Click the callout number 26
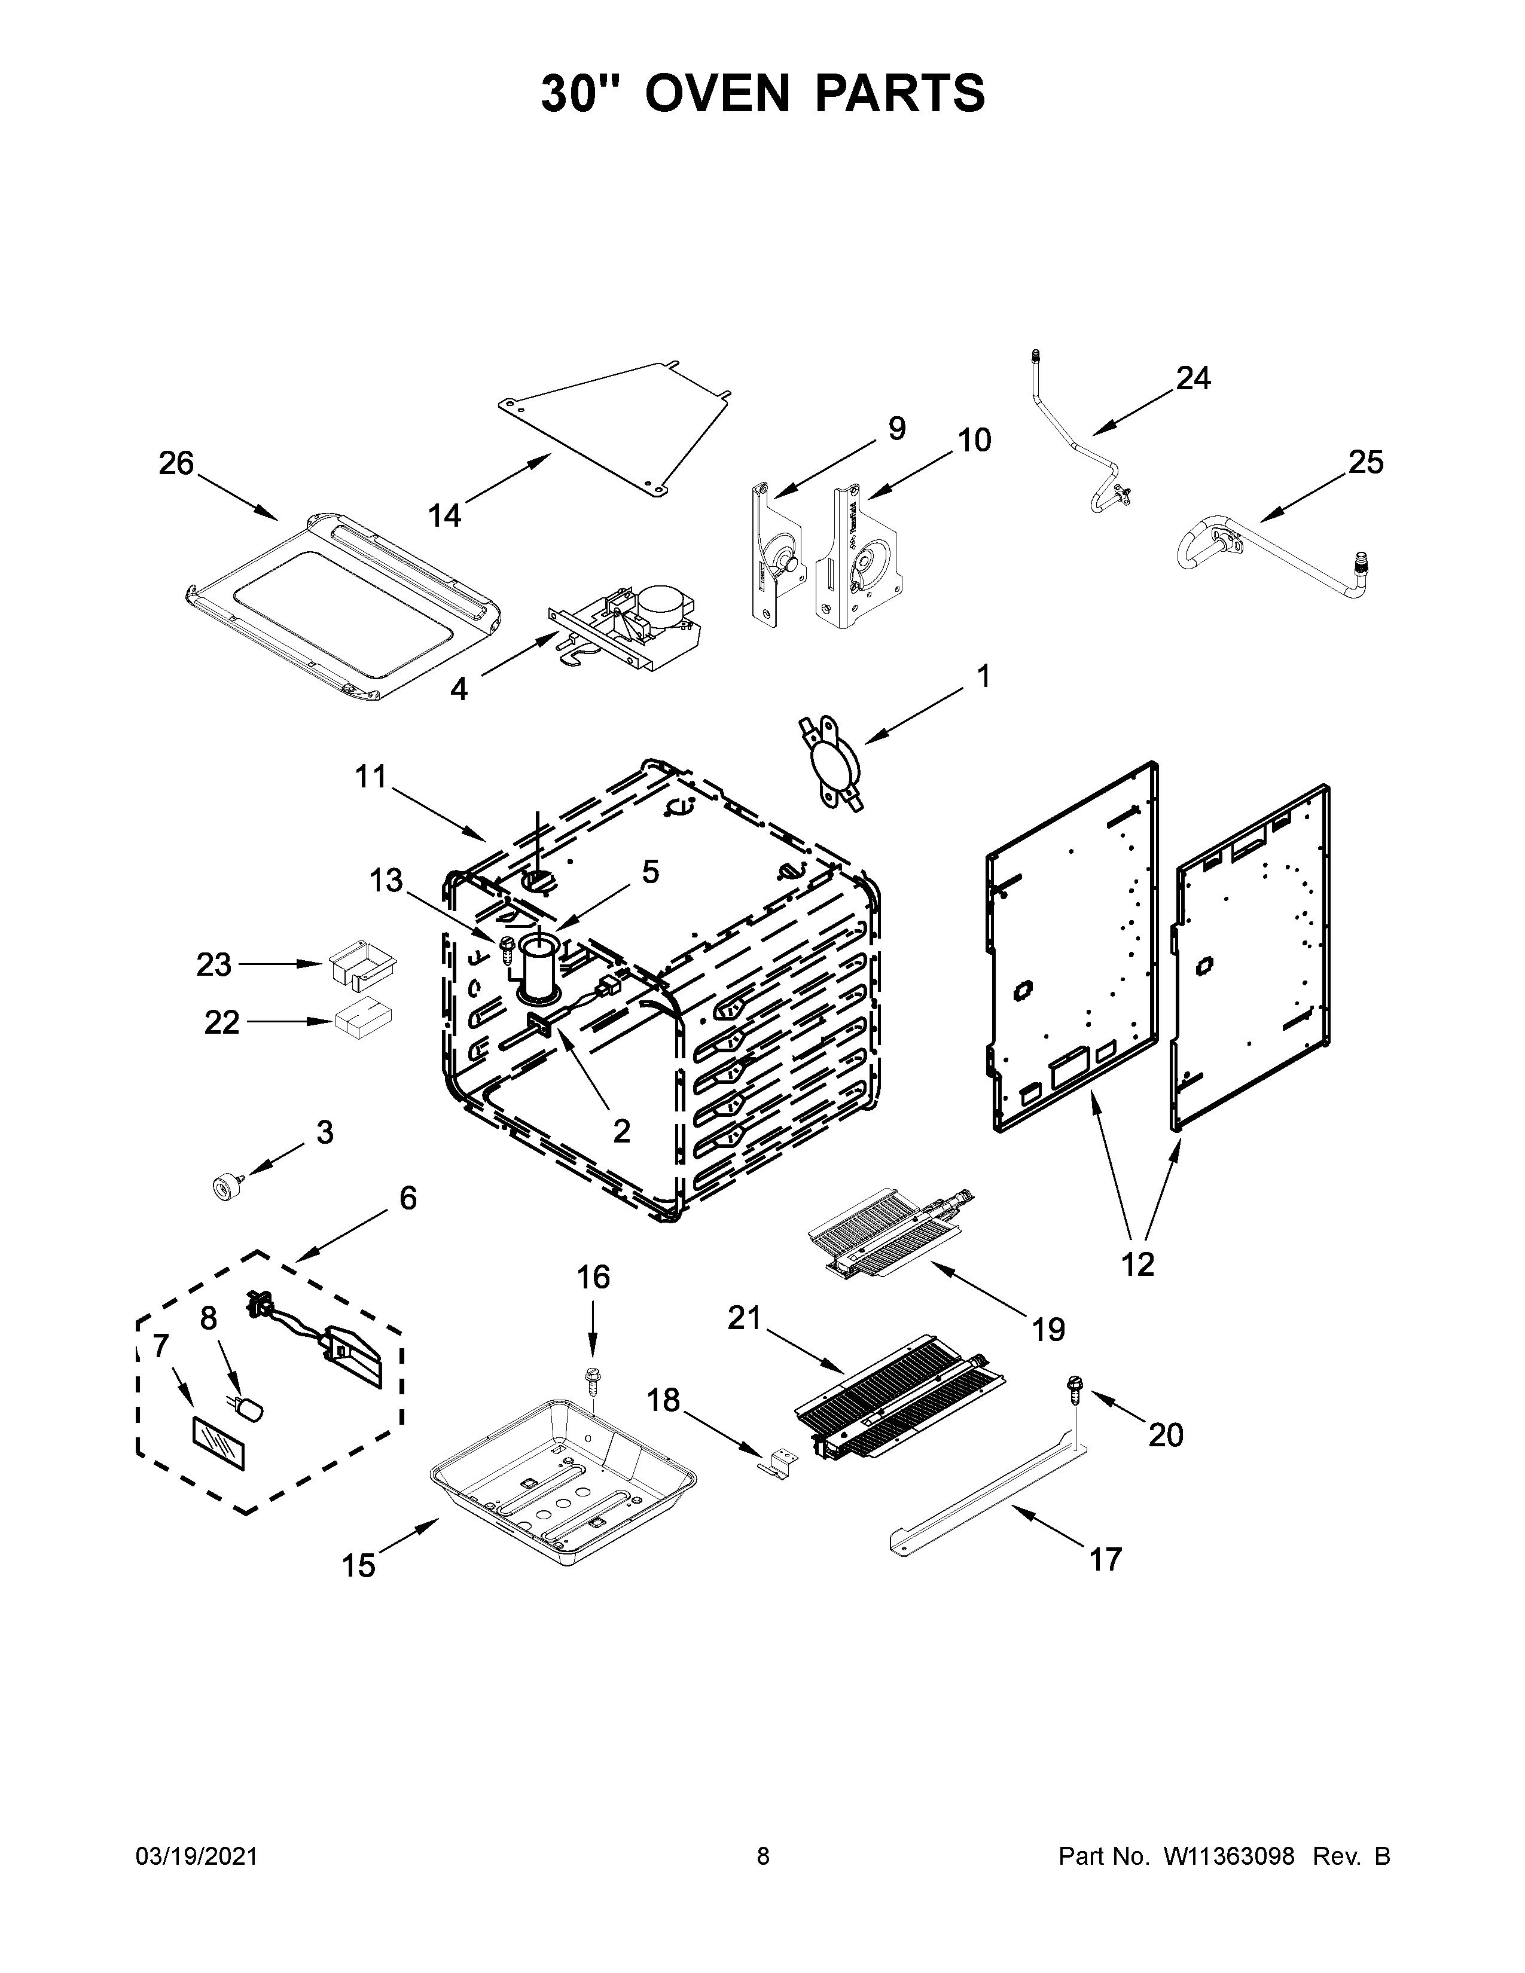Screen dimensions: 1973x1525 [176, 463]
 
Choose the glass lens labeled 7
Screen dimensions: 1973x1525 [218, 1443]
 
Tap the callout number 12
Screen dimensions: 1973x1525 [1137, 1265]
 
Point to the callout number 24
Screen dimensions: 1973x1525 [1192, 378]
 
